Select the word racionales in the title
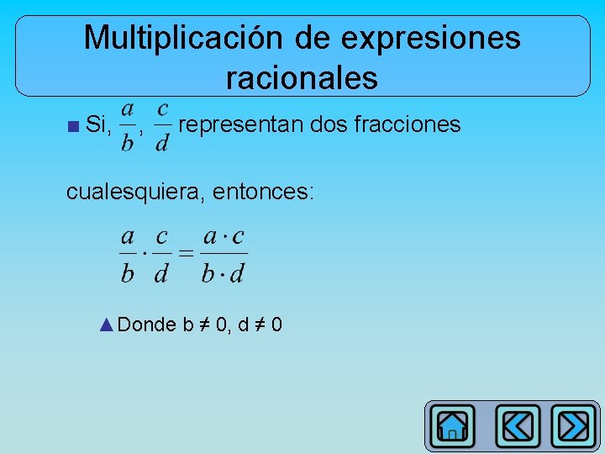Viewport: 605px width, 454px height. pos(302,78)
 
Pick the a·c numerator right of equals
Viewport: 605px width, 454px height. pos(224,237)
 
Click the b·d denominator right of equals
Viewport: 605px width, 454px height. pos(224,272)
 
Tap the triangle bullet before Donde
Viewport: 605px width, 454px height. pos(106,325)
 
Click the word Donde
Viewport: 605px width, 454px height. pos(147,325)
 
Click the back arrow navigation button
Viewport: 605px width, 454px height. pos(518,426)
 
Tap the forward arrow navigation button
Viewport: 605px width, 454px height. pos(575,426)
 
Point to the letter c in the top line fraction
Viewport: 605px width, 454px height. pos(162,109)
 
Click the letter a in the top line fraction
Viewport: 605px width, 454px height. pos(128,109)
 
